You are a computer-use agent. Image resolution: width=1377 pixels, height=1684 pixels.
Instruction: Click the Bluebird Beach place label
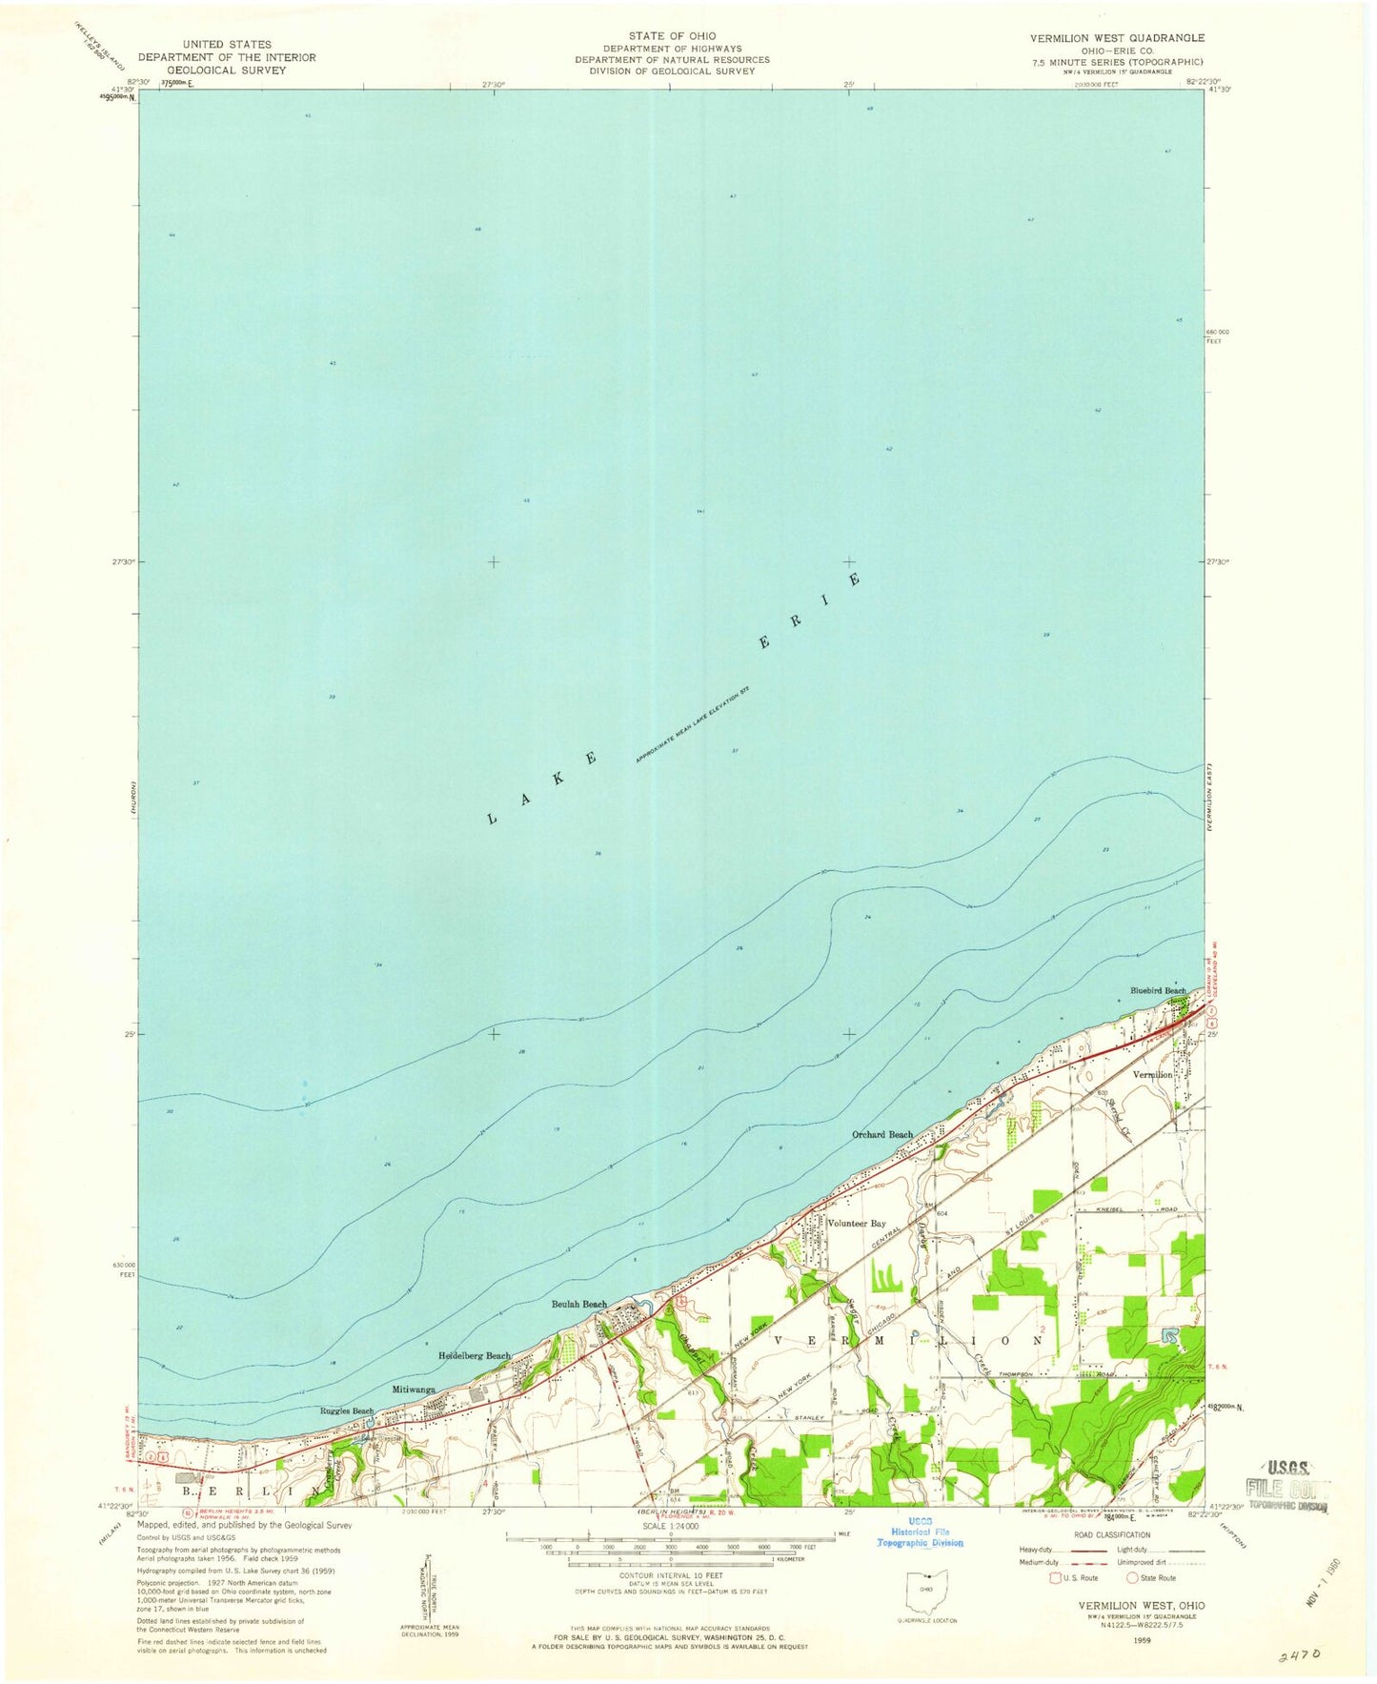click(1157, 990)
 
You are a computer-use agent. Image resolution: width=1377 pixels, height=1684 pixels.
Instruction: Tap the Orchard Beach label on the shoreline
click(881, 1135)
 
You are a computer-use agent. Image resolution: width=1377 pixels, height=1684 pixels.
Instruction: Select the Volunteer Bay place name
click(856, 1224)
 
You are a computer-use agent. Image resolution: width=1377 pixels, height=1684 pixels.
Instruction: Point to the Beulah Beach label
click(579, 1305)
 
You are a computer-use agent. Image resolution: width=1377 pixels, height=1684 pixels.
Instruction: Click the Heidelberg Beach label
click(474, 1355)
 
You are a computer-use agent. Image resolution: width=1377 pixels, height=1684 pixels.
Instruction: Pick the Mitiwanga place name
click(414, 1390)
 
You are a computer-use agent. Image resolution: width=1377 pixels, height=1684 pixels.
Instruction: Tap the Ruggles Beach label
click(347, 1411)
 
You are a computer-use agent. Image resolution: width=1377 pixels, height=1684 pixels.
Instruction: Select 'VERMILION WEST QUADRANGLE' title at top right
click(1116, 38)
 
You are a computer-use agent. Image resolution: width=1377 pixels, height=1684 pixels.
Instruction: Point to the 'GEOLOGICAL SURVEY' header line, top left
click(227, 70)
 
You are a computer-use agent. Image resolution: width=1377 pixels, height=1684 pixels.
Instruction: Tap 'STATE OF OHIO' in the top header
click(672, 36)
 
